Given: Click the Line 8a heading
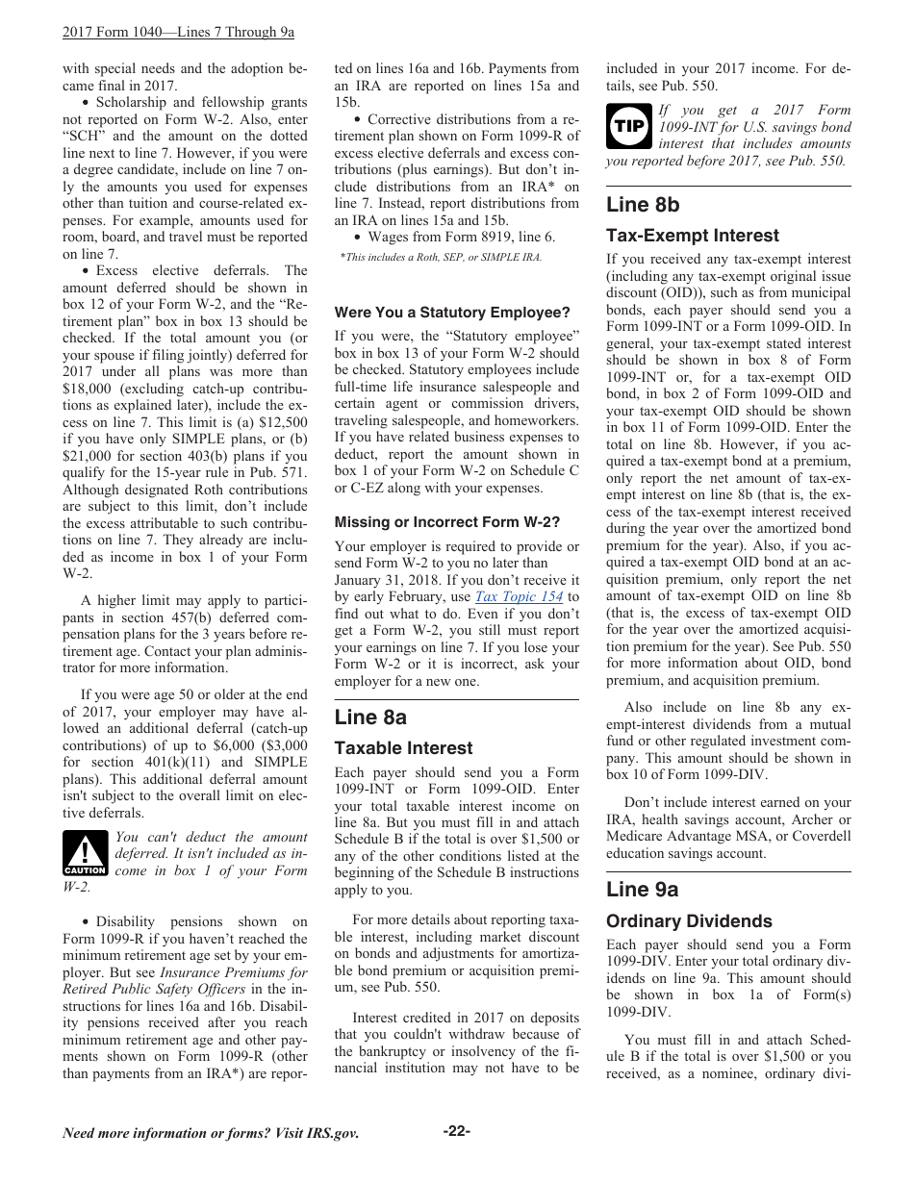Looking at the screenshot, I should coord(370,717).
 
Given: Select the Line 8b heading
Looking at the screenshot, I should coord(643,205).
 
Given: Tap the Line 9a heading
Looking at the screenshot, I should coord(642,890).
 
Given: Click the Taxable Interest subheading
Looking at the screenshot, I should coord(403,748).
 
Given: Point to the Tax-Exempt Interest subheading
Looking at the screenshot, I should coord(692,236).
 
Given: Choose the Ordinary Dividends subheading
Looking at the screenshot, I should coord(689,921).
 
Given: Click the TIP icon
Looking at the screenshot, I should coord(629,126).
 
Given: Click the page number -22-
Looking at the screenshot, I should coord(456,1131).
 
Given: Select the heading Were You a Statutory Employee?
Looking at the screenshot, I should coord(452,313).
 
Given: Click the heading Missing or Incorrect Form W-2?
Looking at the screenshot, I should coord(446,522).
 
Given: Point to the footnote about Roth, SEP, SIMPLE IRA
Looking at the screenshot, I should coord(442,257).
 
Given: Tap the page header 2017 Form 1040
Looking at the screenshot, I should coord(178,32).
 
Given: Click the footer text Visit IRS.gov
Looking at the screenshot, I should coord(317,1133).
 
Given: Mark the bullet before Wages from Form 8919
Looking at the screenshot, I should coord(357,237).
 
